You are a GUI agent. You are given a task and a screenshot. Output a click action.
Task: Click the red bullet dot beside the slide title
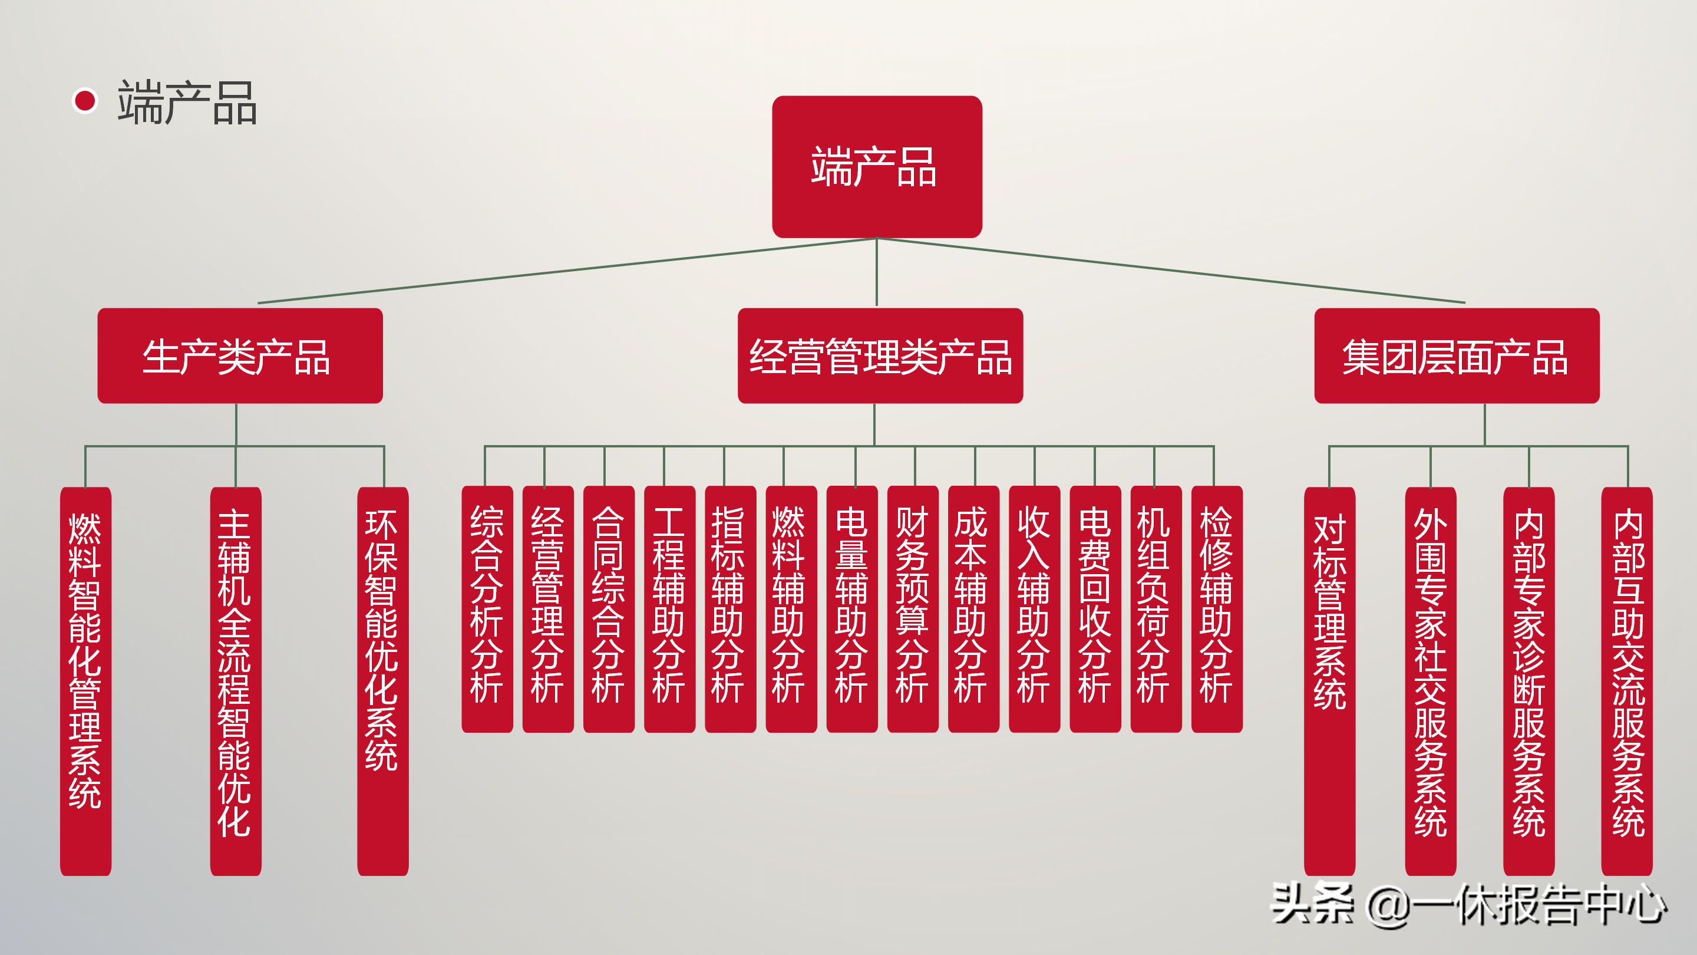[85, 101]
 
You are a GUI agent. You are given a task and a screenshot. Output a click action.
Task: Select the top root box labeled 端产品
[876, 167]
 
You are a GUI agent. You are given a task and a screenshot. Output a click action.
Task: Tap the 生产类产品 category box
[240, 356]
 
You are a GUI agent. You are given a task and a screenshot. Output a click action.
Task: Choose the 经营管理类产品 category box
[880, 356]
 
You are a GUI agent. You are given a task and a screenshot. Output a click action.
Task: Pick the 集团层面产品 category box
[1456, 356]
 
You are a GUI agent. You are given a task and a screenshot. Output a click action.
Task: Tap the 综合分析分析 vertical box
[487, 609]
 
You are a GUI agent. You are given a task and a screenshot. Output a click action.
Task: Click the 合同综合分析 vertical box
[609, 609]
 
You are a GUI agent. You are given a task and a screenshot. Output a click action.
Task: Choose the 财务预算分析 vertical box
[912, 609]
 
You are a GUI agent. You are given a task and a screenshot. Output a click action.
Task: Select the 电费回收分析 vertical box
[1095, 609]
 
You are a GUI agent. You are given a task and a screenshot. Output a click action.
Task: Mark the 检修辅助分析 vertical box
[1217, 609]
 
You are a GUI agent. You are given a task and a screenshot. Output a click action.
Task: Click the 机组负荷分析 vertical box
[1155, 609]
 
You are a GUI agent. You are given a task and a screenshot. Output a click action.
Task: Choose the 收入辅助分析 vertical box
[1034, 609]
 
